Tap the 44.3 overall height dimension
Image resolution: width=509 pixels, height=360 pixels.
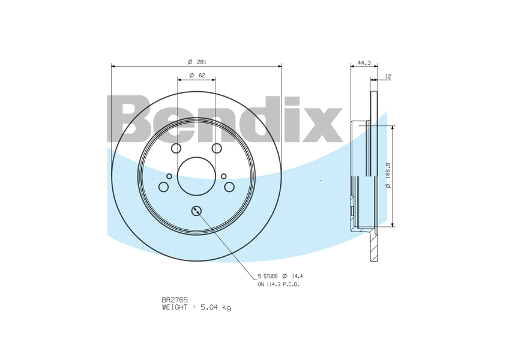tap(364, 62)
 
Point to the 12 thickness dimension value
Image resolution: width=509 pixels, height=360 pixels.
tap(388, 76)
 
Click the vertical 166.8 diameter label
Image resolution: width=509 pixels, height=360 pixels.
tap(388, 176)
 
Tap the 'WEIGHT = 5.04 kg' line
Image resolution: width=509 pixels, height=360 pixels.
tap(196, 307)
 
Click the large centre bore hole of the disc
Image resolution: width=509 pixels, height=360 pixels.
tap(196, 176)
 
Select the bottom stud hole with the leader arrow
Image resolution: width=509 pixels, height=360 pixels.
tap(196, 210)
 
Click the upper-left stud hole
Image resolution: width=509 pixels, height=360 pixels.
tap(176, 148)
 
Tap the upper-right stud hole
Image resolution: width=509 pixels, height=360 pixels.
tap(217, 148)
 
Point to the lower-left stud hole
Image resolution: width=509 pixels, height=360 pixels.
tap(163, 187)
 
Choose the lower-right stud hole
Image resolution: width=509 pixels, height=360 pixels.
tap(229, 187)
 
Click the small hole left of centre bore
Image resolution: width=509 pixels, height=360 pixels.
tap(169, 176)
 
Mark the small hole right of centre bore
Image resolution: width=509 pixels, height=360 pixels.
tap(223, 176)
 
